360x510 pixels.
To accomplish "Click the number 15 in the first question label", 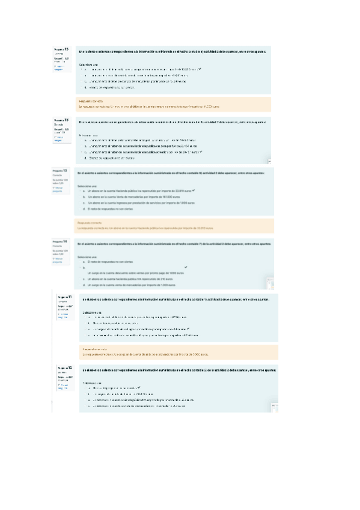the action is point(66,49).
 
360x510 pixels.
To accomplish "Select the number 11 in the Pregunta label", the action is point(70,297).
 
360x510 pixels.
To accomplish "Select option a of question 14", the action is point(108,262).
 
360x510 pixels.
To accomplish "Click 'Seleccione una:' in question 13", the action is point(87,186).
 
